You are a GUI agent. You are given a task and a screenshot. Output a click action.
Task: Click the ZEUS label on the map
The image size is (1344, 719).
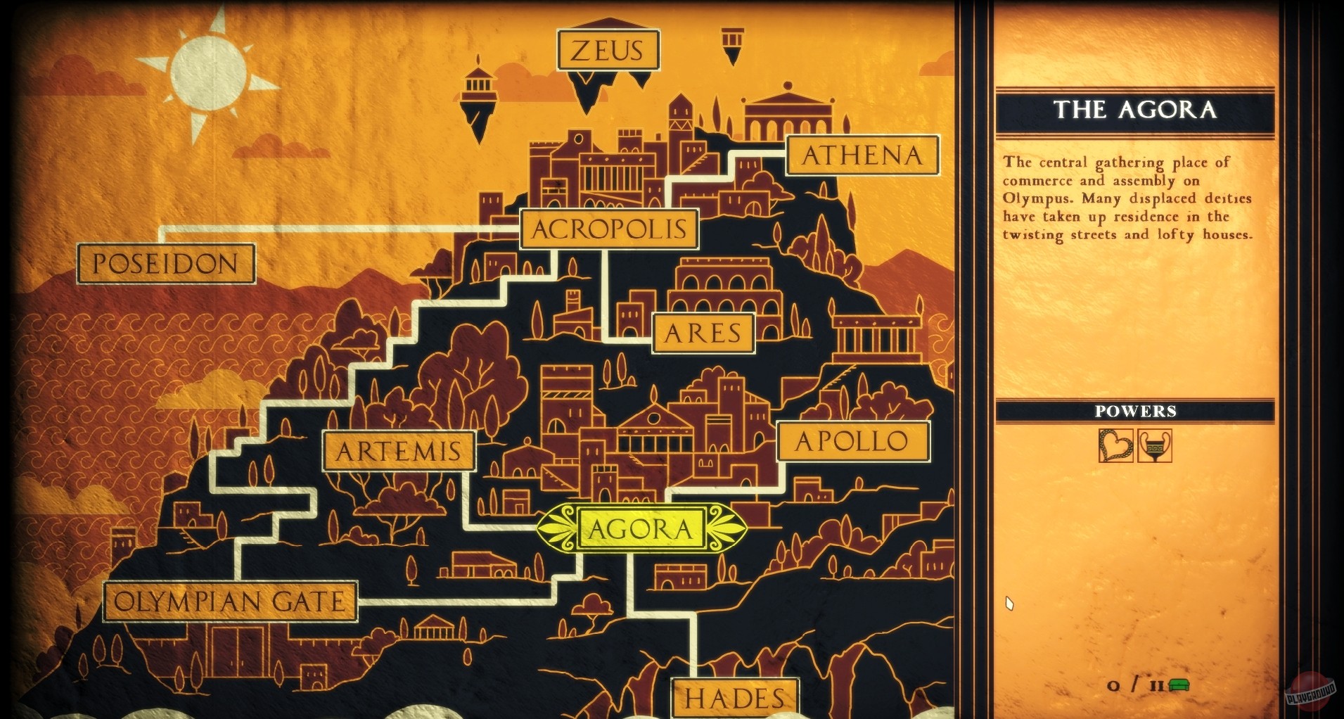pos(608,50)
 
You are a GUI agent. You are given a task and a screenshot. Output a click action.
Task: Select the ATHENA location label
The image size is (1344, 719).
pos(862,155)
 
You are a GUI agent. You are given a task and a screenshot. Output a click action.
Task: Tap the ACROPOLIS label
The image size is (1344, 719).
pos(609,229)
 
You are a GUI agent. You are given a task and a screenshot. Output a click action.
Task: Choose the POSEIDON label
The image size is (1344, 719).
pos(166,264)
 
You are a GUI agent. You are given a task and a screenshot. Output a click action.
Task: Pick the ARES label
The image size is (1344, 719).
pos(703,333)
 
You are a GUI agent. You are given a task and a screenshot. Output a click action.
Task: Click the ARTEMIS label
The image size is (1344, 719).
pos(399,451)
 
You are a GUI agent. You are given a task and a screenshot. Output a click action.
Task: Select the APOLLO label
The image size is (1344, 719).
pos(852,442)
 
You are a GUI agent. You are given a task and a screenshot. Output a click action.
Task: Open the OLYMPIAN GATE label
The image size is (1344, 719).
pos(230,602)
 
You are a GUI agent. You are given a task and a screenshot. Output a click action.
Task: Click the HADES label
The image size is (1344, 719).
pos(735,699)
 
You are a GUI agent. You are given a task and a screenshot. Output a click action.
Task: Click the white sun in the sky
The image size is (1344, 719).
pos(209,74)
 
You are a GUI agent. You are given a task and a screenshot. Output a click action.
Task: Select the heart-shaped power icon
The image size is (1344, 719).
pos(1116,446)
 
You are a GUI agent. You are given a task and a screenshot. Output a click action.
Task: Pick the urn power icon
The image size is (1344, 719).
pos(1155,446)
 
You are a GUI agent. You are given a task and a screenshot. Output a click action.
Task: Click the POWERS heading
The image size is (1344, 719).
pos(1135,412)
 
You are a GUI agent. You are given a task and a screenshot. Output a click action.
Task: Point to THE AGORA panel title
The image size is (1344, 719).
pos(1135,110)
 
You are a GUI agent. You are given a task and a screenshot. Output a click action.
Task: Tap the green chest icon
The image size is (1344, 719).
pos(1179,685)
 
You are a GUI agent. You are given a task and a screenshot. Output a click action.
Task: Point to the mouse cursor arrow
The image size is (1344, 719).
pos(1009,603)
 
